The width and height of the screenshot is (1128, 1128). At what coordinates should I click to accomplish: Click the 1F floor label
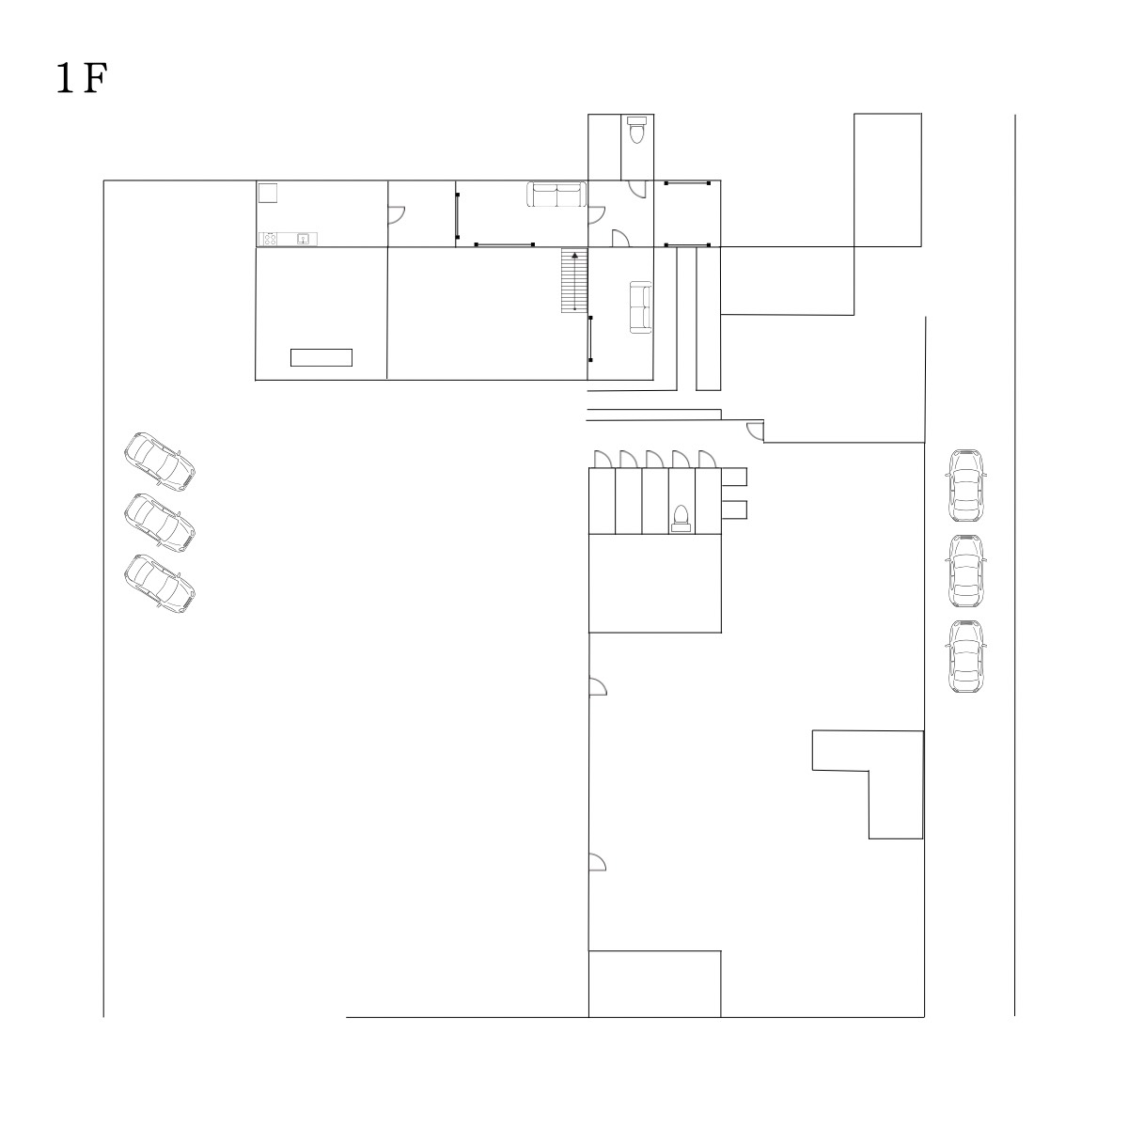82,78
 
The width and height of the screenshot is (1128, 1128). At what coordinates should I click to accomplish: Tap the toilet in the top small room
636,130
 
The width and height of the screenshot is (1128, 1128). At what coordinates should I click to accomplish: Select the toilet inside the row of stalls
681,519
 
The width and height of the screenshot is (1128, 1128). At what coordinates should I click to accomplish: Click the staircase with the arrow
574,280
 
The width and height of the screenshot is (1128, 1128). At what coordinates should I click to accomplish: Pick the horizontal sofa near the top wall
556,195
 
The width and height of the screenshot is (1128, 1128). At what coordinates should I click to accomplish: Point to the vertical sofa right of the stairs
640,307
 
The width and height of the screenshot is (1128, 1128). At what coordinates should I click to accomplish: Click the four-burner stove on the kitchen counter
270,239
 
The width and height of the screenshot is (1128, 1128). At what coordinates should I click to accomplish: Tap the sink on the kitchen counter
303,238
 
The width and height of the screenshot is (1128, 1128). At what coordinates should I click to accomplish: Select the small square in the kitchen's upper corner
268,194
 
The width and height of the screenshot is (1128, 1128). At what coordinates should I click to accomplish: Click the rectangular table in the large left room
321,357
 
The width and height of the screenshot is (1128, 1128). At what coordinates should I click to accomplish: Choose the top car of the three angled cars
160,462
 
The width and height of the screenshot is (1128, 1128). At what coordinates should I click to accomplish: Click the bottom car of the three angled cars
160,584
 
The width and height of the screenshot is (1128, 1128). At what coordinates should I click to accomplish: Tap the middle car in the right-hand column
966,572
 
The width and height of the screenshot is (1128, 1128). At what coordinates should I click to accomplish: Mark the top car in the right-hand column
966,486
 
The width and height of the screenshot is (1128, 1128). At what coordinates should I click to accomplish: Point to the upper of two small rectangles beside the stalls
734,478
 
